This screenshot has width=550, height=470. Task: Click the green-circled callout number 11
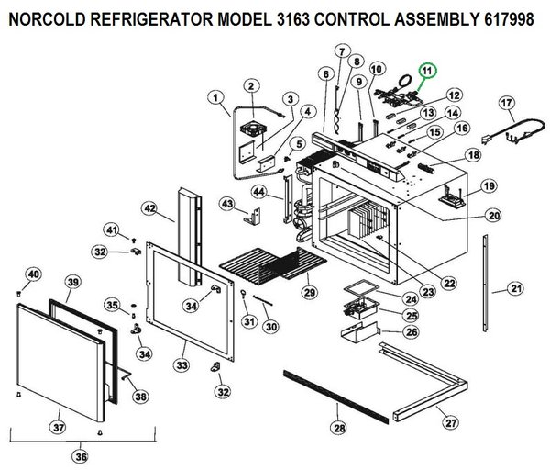point(427,71)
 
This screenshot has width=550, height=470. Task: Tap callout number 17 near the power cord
point(506,102)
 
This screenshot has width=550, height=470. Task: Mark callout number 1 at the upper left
point(215,96)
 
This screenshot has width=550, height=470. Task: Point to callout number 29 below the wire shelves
point(309,291)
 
